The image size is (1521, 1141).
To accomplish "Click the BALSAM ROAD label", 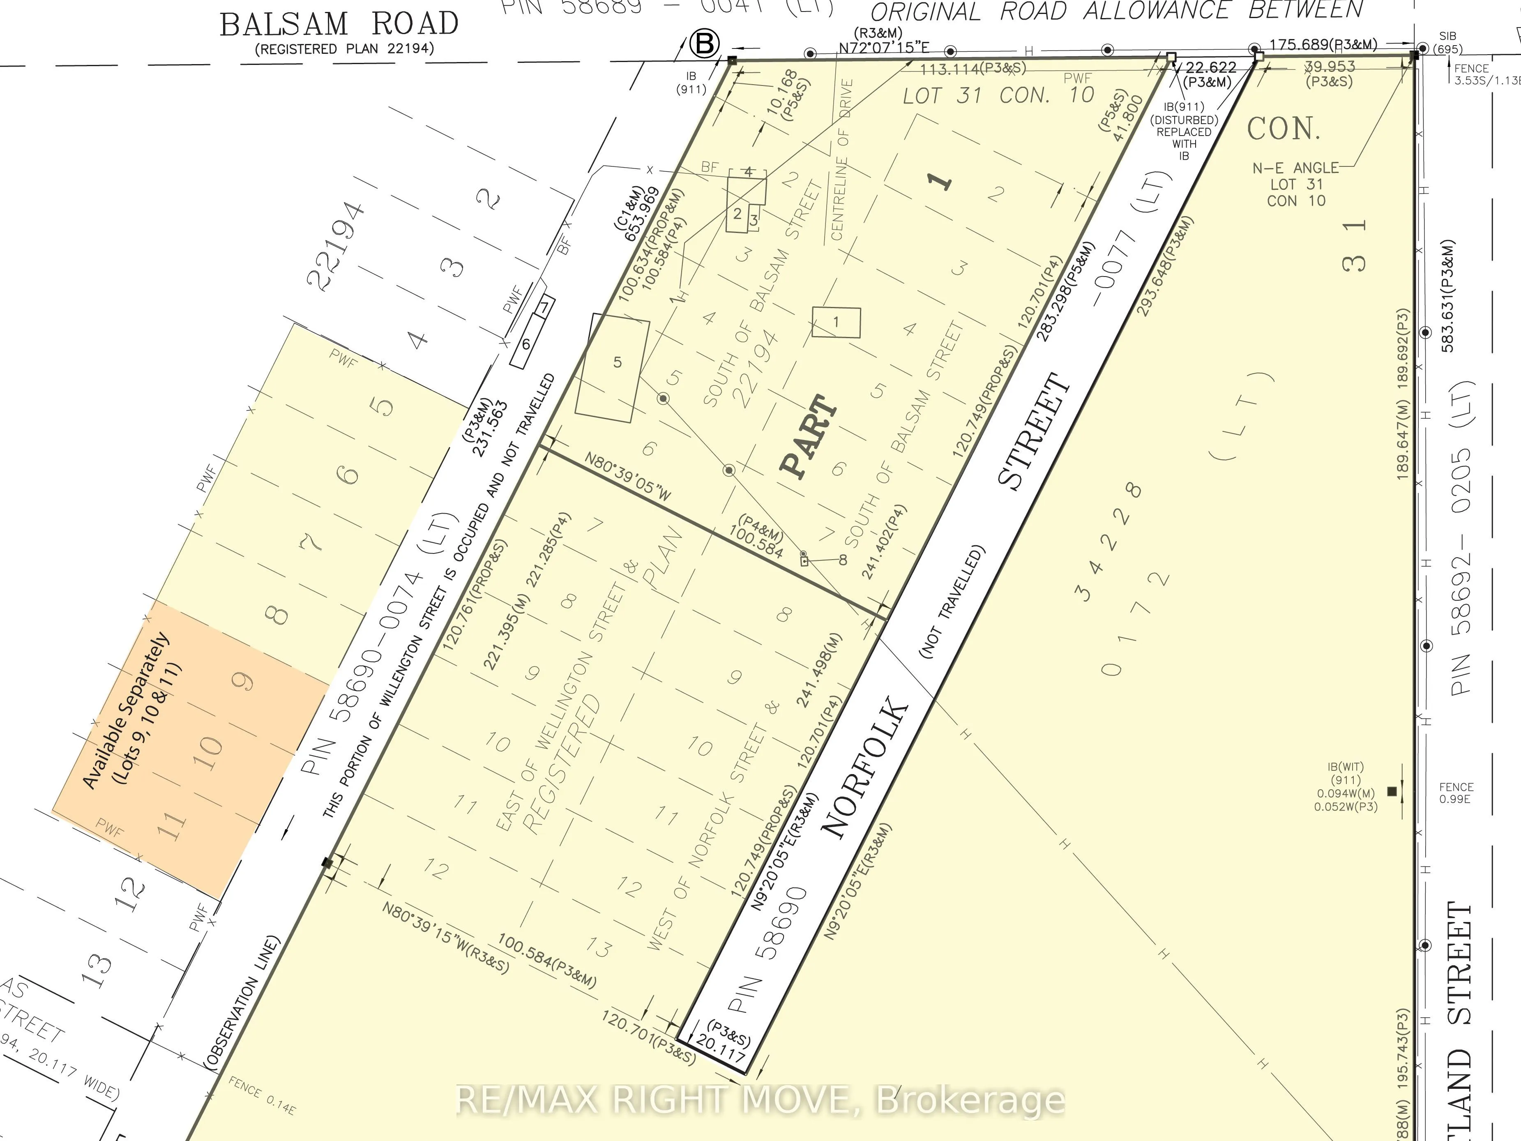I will [x=339, y=25].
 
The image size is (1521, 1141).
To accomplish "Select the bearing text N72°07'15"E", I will [x=884, y=47].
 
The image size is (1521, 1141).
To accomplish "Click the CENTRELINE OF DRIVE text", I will [x=841, y=159].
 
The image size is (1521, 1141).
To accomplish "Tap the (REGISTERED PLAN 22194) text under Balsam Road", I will [x=344, y=49].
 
